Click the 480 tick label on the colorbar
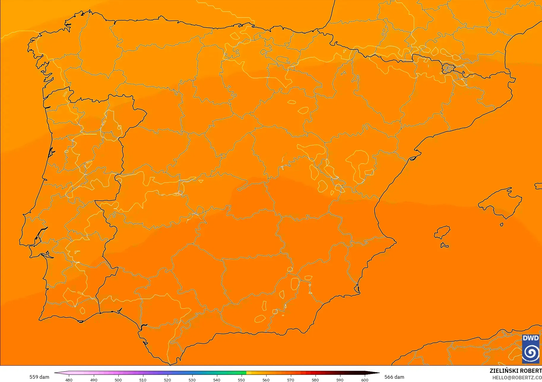(x=69, y=380)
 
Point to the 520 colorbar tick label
(x=167, y=380)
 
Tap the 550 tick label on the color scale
(x=241, y=380)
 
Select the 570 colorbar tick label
(x=291, y=380)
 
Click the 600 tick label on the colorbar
(x=364, y=380)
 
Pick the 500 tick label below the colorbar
(x=118, y=380)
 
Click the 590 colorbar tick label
(x=340, y=380)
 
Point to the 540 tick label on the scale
(x=217, y=380)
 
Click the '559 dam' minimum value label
(x=39, y=377)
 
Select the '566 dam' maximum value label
(x=394, y=377)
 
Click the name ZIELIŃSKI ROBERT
(x=516, y=371)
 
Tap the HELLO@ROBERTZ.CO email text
(x=517, y=378)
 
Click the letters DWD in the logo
(x=530, y=338)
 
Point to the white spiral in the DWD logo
(x=530, y=353)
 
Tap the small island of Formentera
(x=444, y=245)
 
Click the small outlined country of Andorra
(x=448, y=68)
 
